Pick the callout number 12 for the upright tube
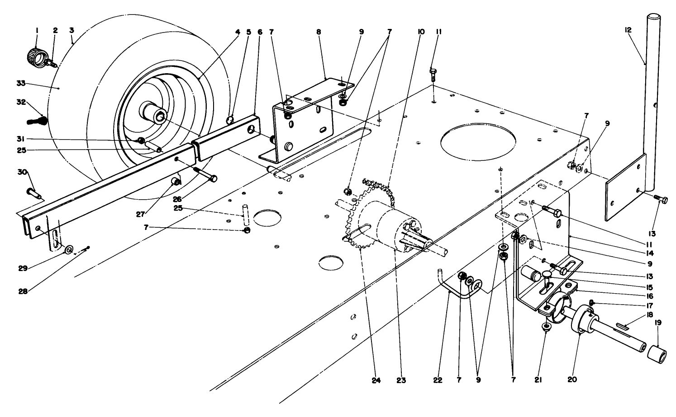(x=628, y=30)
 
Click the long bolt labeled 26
(x=206, y=174)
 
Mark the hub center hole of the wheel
(x=160, y=117)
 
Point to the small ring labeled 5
(x=230, y=119)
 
